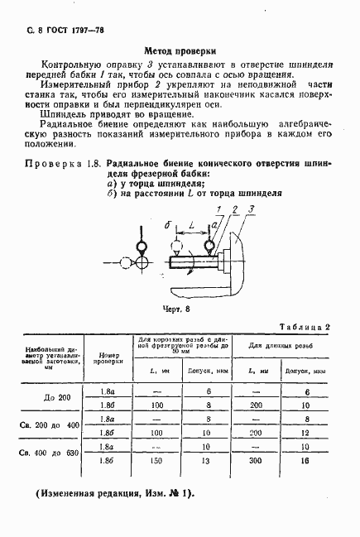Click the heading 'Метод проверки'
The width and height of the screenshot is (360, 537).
[x=180, y=50]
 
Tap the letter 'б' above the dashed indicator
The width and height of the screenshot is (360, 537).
[x=167, y=226]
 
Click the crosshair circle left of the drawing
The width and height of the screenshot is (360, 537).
[x=141, y=262]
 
